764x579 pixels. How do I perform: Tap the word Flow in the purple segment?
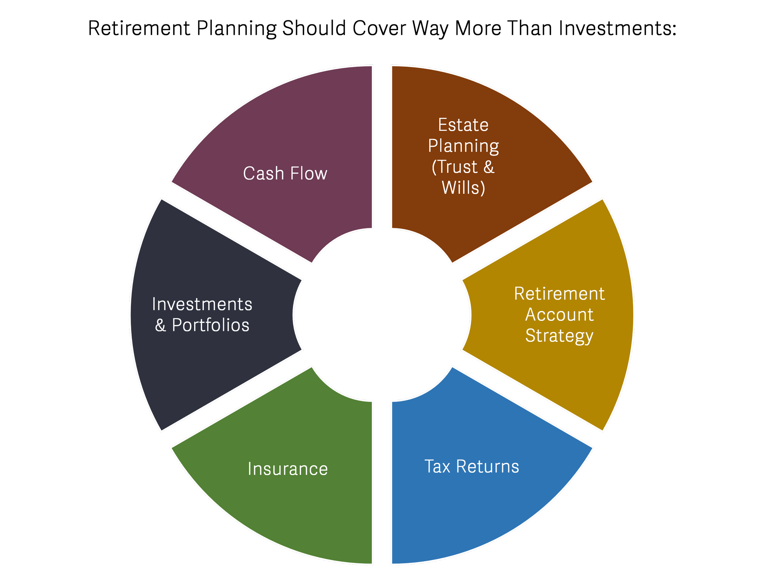click(x=308, y=173)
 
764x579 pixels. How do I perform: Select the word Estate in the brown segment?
click(x=463, y=125)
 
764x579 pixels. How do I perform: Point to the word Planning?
click(x=464, y=146)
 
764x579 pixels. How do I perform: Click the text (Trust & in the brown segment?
click(x=463, y=167)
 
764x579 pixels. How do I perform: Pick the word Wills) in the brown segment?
click(x=463, y=188)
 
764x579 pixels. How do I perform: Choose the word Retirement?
click(x=559, y=294)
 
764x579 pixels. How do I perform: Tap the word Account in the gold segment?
click(x=559, y=315)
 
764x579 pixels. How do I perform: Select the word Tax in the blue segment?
click(x=437, y=467)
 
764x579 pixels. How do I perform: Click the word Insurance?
click(x=288, y=469)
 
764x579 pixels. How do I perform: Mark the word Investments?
click(x=202, y=304)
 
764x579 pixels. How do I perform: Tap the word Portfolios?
click(x=210, y=325)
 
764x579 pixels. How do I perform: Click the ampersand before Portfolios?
click(x=160, y=325)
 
